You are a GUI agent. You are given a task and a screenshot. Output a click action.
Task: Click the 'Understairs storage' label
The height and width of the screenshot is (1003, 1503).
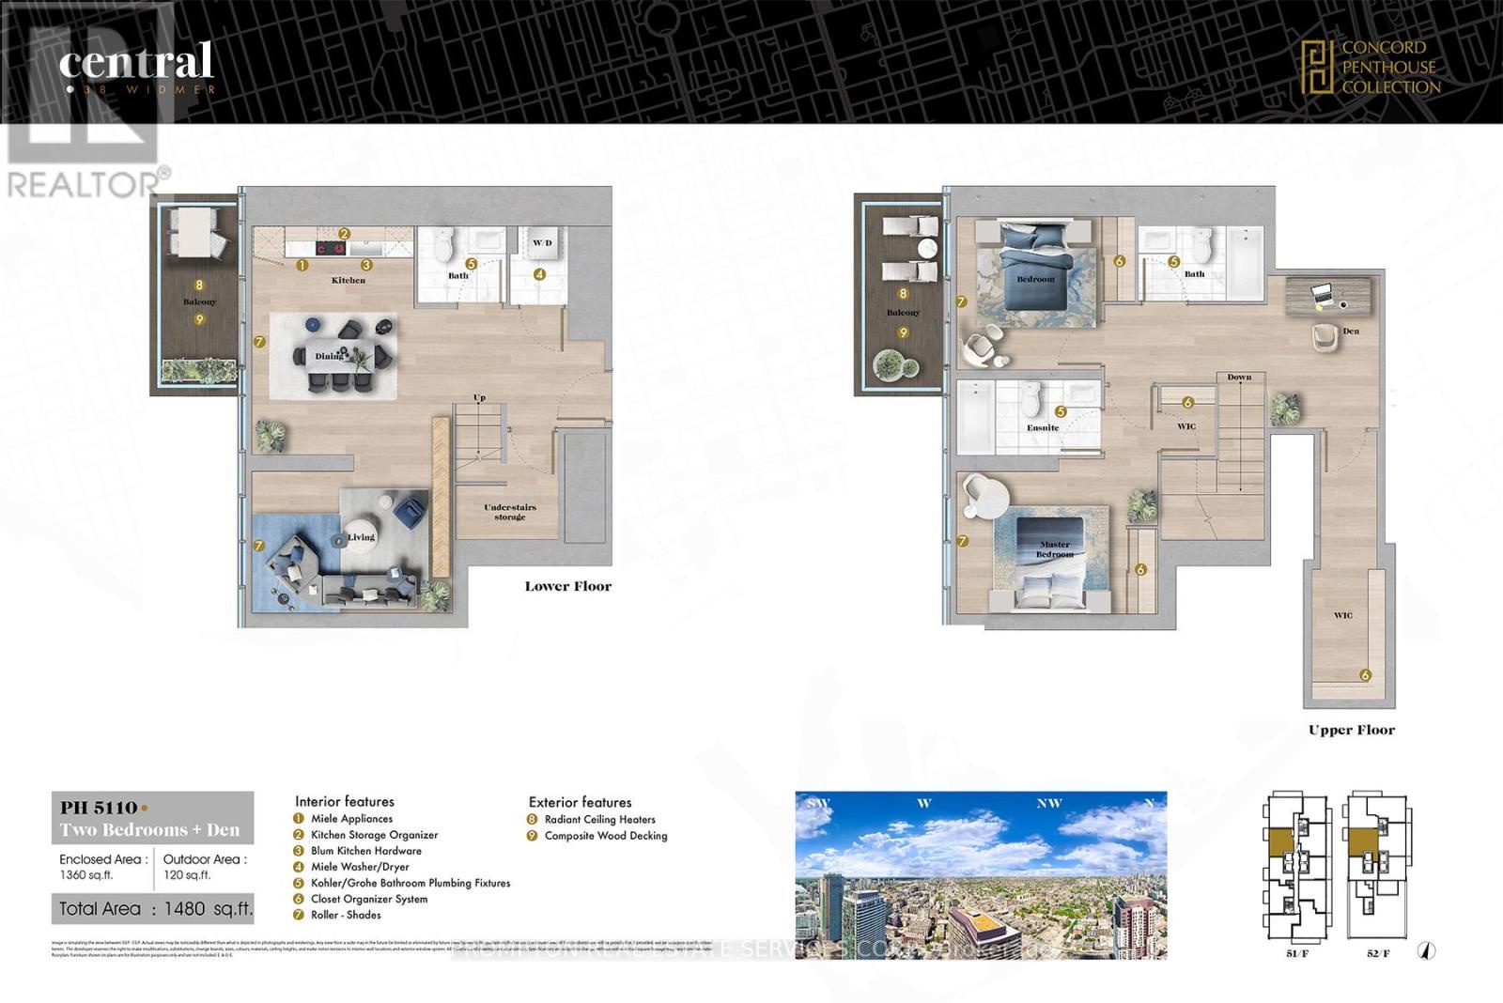coord(510,512)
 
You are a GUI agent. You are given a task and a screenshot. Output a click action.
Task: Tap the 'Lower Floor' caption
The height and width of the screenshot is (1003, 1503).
coord(567,586)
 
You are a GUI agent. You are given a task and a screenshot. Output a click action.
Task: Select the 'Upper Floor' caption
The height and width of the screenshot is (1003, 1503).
coord(1351,730)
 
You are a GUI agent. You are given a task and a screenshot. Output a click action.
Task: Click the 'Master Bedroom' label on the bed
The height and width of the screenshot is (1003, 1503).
coord(1054,549)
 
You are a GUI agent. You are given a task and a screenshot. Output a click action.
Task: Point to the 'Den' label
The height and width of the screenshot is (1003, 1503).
coord(1350,331)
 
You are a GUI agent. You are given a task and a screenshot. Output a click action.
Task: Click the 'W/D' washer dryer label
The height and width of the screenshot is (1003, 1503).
coord(542,243)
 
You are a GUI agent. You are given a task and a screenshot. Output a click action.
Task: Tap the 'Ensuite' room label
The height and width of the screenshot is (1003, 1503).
coord(1042,427)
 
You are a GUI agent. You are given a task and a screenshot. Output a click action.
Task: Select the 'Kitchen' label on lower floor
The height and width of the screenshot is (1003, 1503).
coord(348,280)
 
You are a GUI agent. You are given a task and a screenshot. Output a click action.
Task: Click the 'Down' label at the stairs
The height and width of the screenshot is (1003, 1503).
coord(1239,377)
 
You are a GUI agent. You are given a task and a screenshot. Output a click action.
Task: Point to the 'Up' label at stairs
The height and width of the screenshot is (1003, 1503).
coord(479,398)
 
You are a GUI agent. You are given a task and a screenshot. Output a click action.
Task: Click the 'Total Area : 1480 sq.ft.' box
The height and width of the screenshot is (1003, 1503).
coord(152,908)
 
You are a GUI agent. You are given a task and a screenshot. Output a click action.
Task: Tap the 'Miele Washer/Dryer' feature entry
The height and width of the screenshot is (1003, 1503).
coord(359,867)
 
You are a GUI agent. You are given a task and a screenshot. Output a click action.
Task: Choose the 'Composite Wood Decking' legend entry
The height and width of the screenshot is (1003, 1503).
coord(605,836)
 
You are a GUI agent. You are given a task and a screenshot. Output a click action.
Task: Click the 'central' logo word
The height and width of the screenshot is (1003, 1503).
coord(136,62)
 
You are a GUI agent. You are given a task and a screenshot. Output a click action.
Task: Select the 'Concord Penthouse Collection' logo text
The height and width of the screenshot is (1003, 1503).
coord(1389,67)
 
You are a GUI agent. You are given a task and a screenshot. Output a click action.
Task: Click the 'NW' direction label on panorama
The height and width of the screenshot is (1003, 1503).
coord(1048,803)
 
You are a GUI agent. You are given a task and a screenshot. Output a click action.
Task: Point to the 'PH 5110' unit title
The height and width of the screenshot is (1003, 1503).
coord(99,808)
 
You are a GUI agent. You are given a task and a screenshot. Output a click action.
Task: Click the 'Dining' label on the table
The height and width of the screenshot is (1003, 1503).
coord(329,356)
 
